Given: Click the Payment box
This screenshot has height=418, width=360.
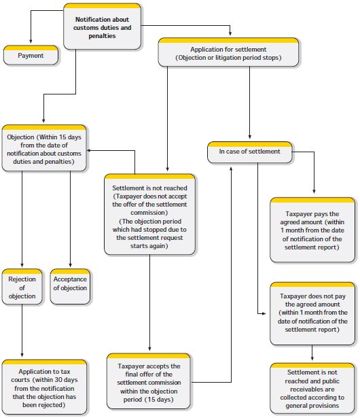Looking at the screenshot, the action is (31, 55).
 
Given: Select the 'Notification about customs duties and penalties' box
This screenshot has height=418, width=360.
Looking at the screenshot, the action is (102, 27).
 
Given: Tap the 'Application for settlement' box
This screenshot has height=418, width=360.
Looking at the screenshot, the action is (228, 52).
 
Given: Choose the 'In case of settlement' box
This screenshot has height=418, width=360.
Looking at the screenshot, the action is (250, 152).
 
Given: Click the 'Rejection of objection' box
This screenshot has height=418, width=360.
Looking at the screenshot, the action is (22, 287).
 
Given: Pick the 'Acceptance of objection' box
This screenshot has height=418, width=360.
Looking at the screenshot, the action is (70, 287).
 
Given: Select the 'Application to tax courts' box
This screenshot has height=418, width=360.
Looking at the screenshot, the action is (44, 387).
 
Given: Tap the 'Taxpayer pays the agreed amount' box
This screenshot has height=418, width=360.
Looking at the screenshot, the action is (312, 230).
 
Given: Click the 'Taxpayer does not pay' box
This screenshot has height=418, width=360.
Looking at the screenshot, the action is (312, 314).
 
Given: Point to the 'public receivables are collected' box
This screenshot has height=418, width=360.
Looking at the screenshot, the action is (312, 388).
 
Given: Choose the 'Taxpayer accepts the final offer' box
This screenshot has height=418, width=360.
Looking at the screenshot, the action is (149, 381).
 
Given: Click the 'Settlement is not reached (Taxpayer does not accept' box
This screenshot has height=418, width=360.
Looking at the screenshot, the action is (149, 215).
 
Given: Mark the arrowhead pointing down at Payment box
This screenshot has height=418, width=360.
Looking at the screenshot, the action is (31, 41).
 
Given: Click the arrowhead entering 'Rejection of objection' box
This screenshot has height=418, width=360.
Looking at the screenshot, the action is (22, 265).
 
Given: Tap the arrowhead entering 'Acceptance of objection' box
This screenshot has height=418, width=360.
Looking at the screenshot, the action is (71, 265).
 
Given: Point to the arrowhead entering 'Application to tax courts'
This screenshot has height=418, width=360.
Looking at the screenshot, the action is (22, 355).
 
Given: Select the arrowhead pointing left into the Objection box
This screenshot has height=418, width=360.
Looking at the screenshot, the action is (89, 150).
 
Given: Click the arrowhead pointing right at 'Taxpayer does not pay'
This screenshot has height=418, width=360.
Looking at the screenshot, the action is (264, 313).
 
